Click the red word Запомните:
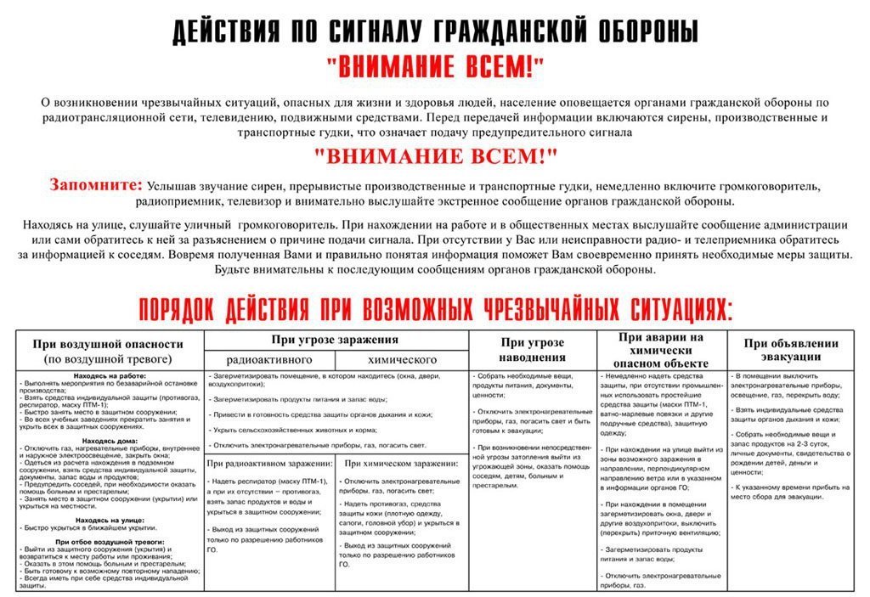[x=96, y=184]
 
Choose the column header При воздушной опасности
[x=108, y=344]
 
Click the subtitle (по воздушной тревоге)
[x=108, y=359]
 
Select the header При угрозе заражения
[x=337, y=339]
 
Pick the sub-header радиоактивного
[x=270, y=359]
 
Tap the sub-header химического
[x=404, y=359]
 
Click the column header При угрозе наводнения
[x=532, y=350]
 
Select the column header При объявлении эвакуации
[x=791, y=350]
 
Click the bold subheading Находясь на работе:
[x=108, y=375]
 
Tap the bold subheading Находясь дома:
[x=108, y=441]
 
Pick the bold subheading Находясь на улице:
[x=108, y=519]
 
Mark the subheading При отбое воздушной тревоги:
[x=110, y=541]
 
